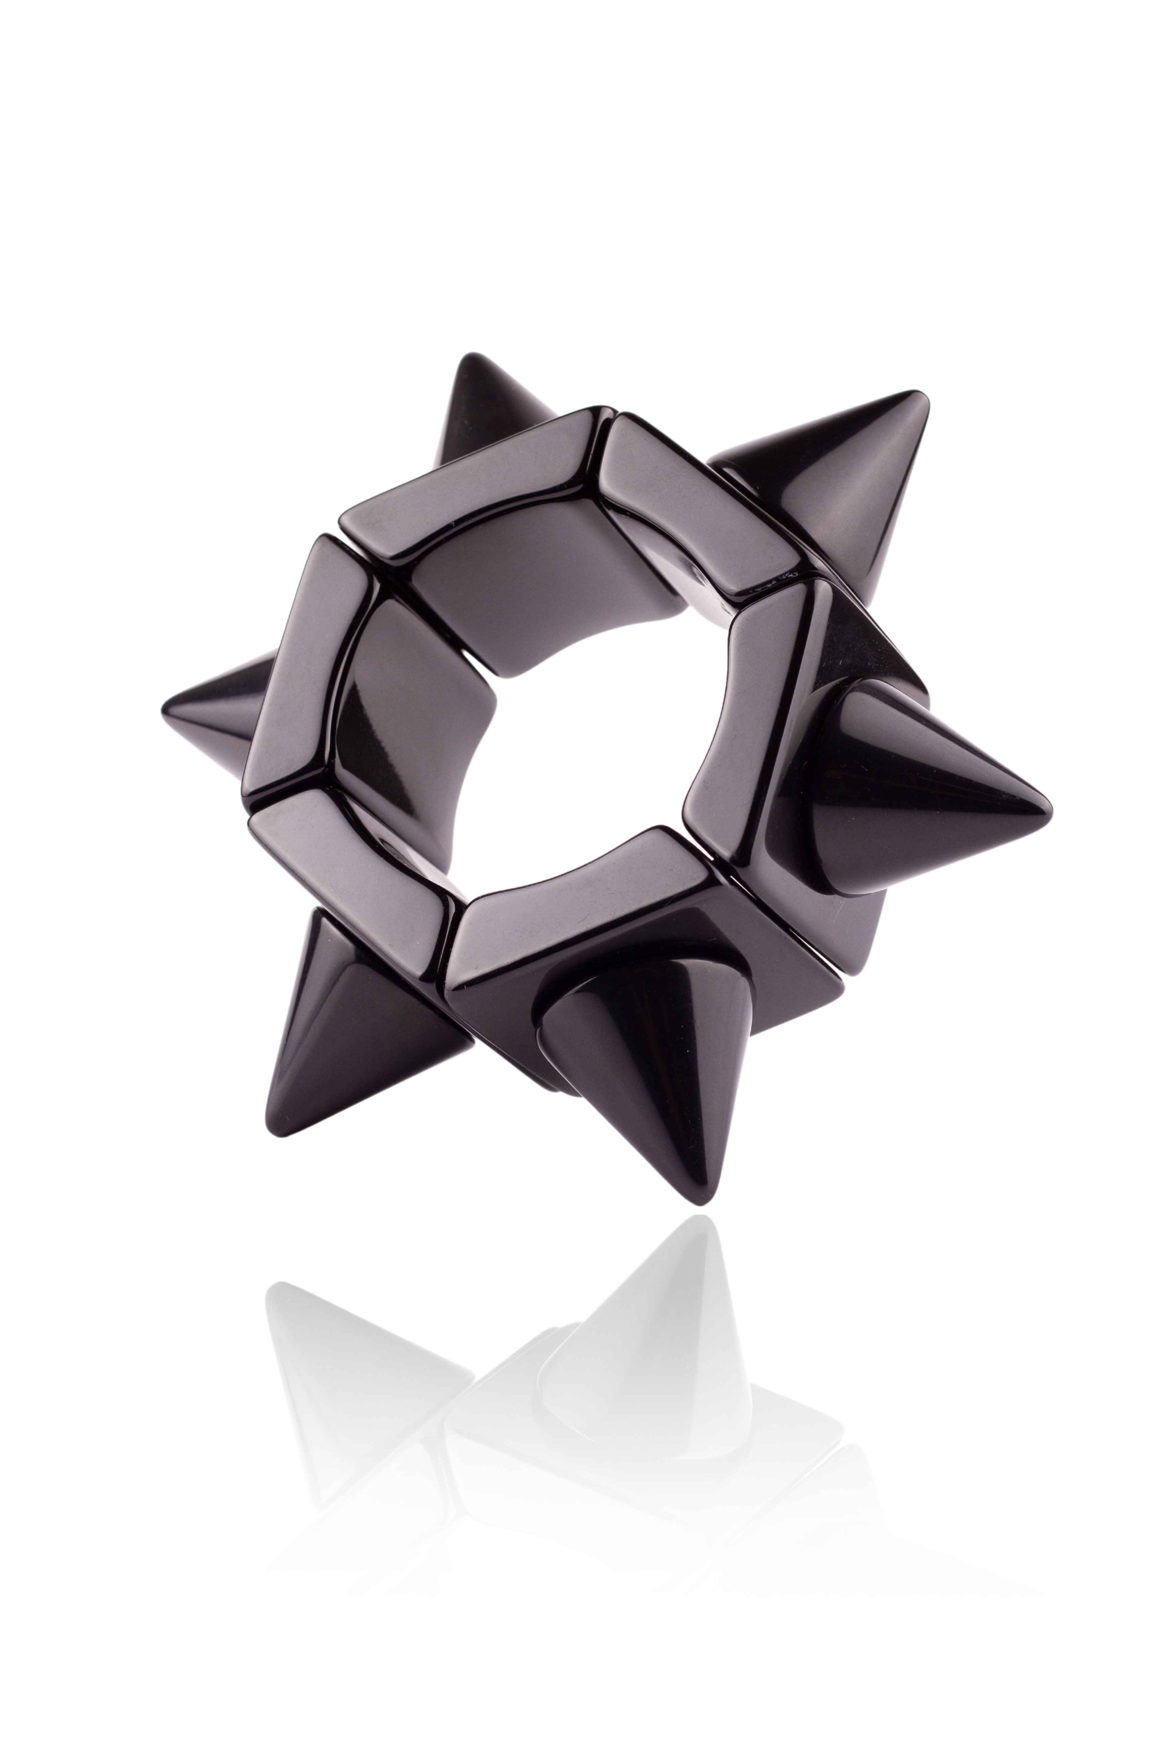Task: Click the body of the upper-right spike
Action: pyautogui.click(x=842, y=477)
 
